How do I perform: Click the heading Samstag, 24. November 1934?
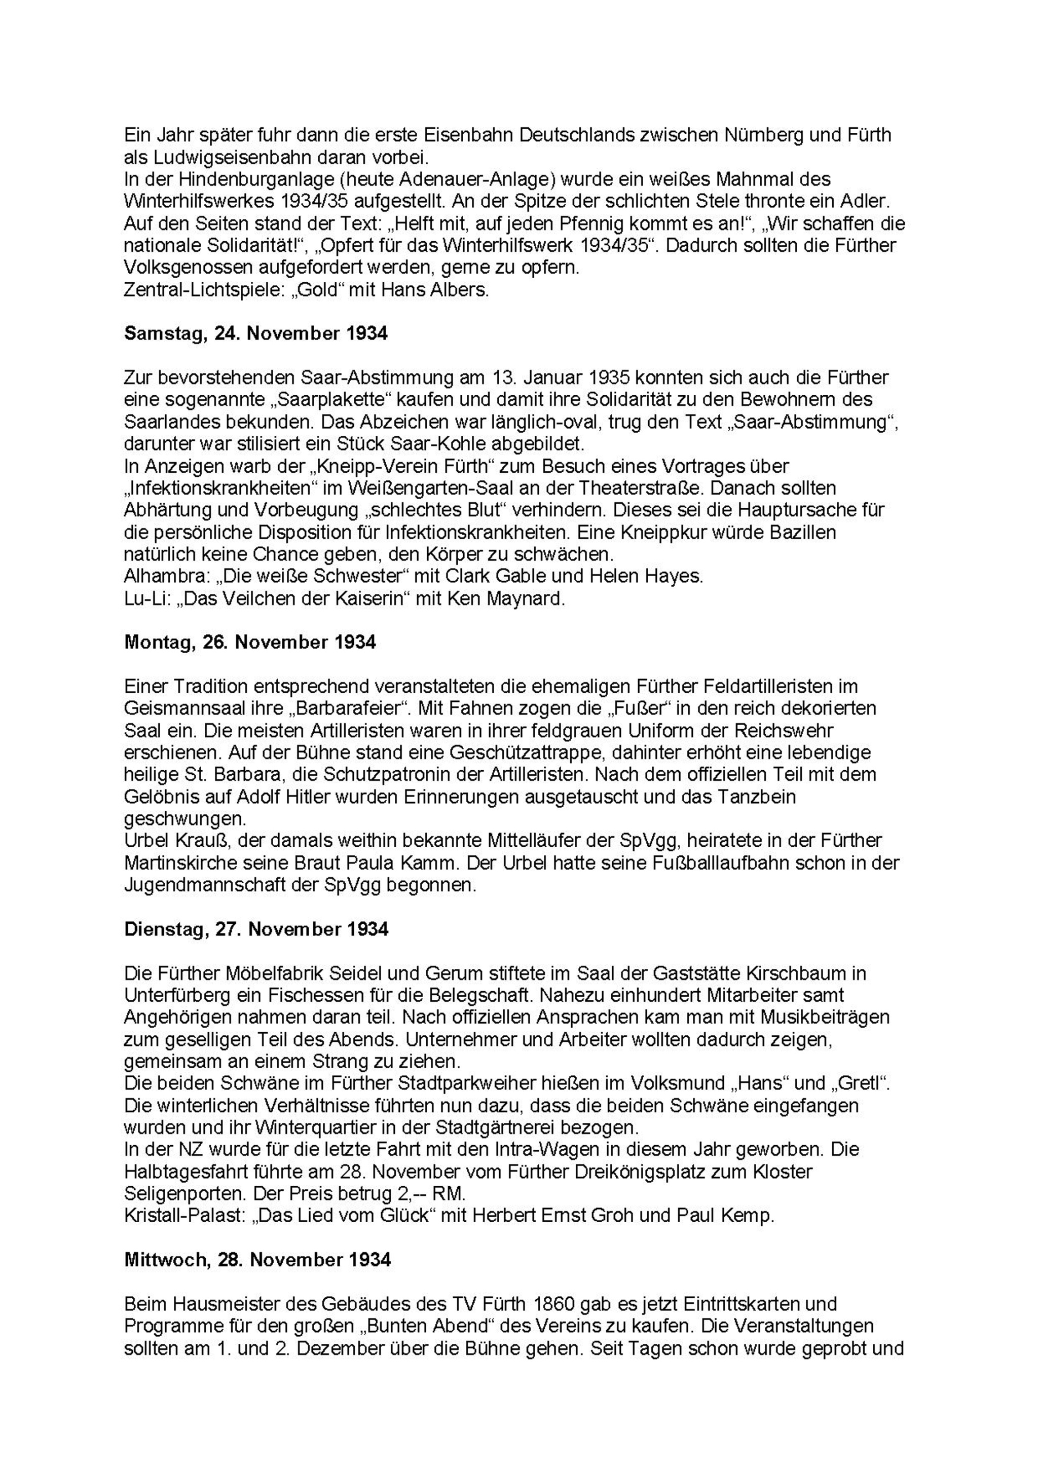256,334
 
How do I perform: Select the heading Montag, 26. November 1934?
250,642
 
